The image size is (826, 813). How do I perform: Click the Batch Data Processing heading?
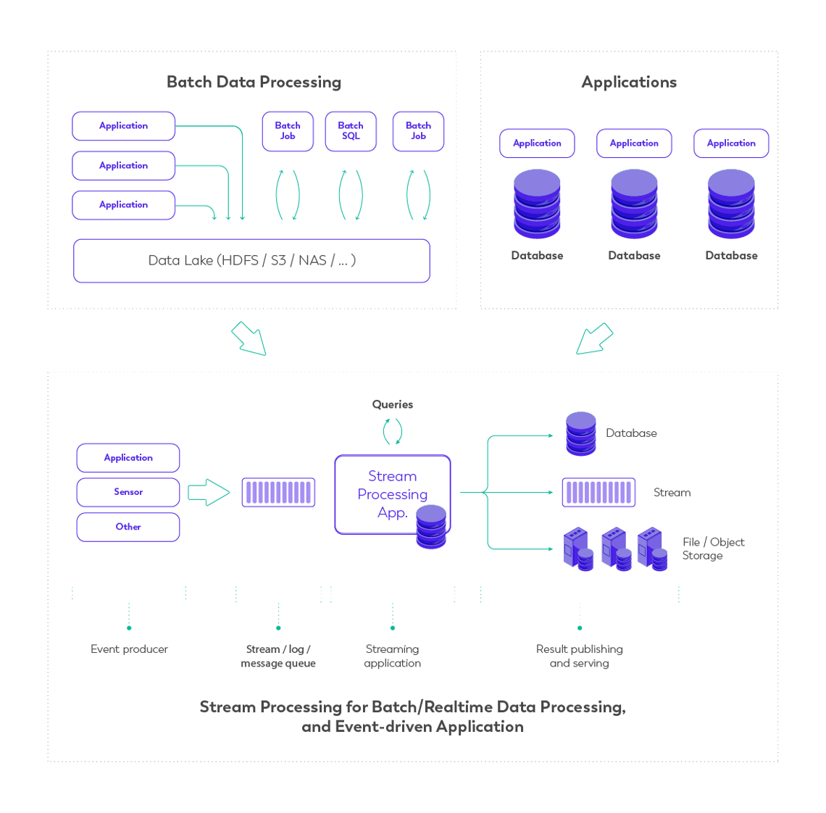click(254, 82)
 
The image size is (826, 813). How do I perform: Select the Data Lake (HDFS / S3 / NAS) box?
click(251, 260)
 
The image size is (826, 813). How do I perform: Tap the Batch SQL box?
click(351, 131)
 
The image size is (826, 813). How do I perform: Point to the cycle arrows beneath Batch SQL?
click(351, 194)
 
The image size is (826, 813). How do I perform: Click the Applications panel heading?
click(629, 82)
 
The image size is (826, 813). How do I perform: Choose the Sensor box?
click(128, 492)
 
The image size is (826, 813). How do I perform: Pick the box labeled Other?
click(128, 527)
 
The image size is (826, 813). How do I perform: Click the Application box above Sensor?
click(128, 458)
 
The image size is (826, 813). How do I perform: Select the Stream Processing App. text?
click(392, 494)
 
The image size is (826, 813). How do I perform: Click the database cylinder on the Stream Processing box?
click(431, 527)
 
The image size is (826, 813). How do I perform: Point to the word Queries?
click(392, 404)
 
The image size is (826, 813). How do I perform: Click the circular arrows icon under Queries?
click(392, 431)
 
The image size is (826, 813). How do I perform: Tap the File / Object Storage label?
click(713, 549)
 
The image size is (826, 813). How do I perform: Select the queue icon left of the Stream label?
click(598, 492)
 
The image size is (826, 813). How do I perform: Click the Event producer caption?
click(129, 649)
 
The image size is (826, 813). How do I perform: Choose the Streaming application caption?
click(392, 656)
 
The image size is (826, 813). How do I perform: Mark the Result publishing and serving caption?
click(579, 656)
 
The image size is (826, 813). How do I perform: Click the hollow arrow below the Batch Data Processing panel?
click(249, 339)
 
